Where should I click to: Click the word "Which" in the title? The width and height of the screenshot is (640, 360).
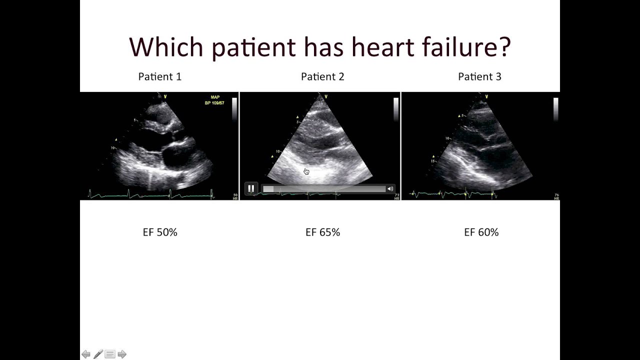[x=166, y=47]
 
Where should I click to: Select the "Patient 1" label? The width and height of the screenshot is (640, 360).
[x=160, y=76]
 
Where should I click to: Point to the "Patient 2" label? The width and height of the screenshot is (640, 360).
[x=322, y=76]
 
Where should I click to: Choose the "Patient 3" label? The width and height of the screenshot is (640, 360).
[x=479, y=76]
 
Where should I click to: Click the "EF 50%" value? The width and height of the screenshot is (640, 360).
[x=160, y=232]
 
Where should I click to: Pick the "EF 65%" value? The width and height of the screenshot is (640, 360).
[x=322, y=232]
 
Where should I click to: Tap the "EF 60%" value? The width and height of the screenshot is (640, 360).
[x=481, y=232]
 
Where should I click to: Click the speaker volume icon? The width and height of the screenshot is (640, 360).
[x=389, y=189]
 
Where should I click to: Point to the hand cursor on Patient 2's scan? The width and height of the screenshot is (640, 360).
[x=306, y=172]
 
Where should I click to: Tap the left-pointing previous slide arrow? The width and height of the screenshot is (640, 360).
[x=86, y=354]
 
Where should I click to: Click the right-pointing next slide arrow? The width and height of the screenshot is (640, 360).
[x=122, y=354]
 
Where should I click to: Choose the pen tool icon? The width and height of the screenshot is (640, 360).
[x=98, y=354]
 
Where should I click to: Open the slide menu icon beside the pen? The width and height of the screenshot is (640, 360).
[x=110, y=354]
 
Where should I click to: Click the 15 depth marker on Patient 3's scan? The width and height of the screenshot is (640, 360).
[x=432, y=161]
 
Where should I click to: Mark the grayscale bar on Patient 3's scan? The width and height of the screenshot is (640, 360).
[x=555, y=109]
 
